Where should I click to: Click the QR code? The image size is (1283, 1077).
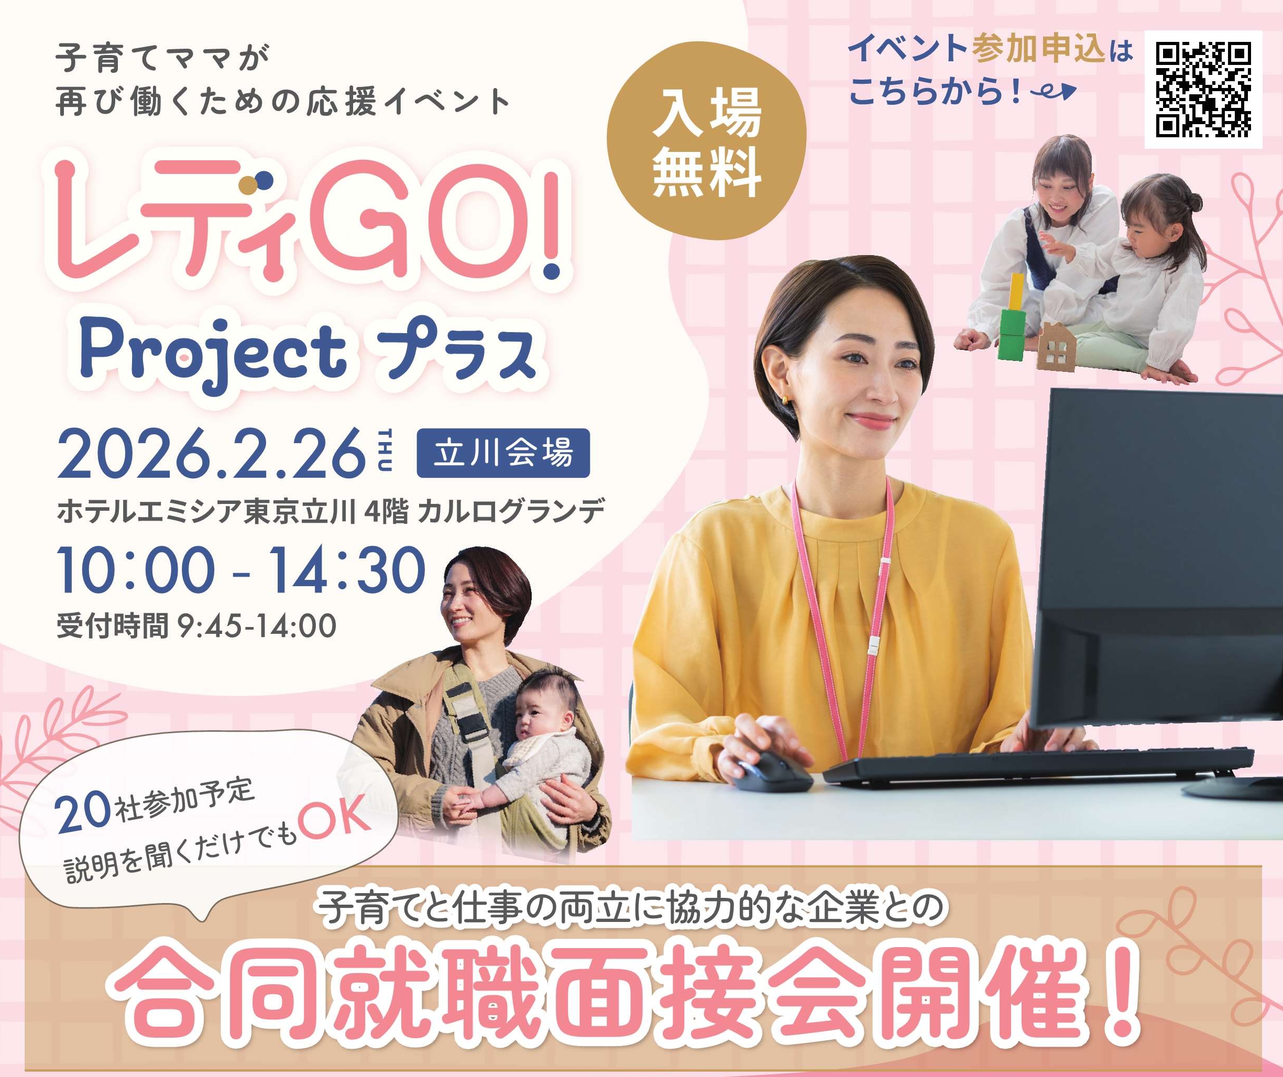(1203, 89)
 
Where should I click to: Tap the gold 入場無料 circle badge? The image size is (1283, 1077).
(706, 141)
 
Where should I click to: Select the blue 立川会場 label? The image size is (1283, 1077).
(503, 453)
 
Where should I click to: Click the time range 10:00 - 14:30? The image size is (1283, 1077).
(242, 570)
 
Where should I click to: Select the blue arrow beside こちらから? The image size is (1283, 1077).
(1052, 92)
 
